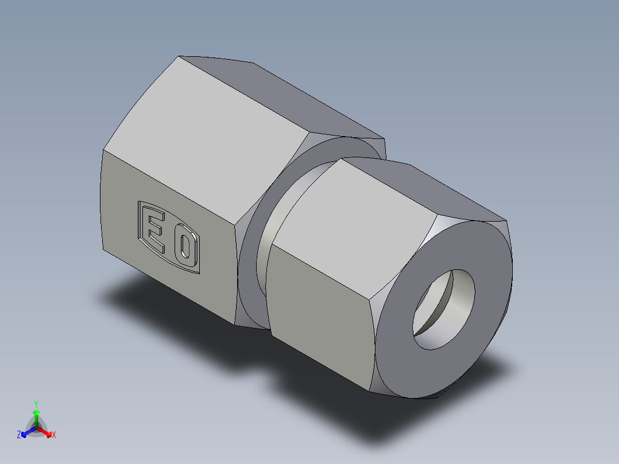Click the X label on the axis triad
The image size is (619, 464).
coord(54,435)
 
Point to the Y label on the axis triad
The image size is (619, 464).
coord(36,404)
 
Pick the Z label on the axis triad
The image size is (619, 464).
coord(19,435)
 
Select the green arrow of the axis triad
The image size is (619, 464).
coord(36,415)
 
